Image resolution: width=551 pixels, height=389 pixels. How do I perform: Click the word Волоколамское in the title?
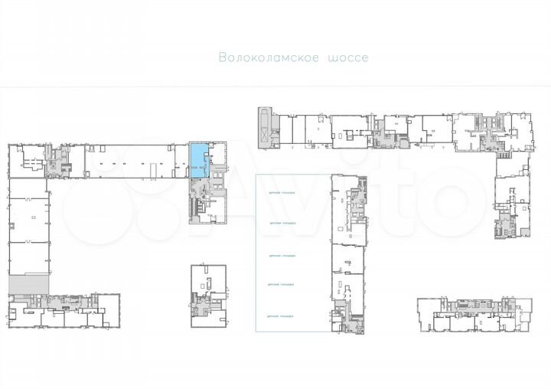[x=269, y=58]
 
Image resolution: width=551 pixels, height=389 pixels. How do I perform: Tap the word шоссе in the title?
[x=347, y=58]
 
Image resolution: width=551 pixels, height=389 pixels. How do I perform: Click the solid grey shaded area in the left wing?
[x=28, y=283]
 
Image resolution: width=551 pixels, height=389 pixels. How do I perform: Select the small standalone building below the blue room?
[x=209, y=296]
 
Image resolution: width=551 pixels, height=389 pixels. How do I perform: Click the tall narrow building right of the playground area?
[x=349, y=253]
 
